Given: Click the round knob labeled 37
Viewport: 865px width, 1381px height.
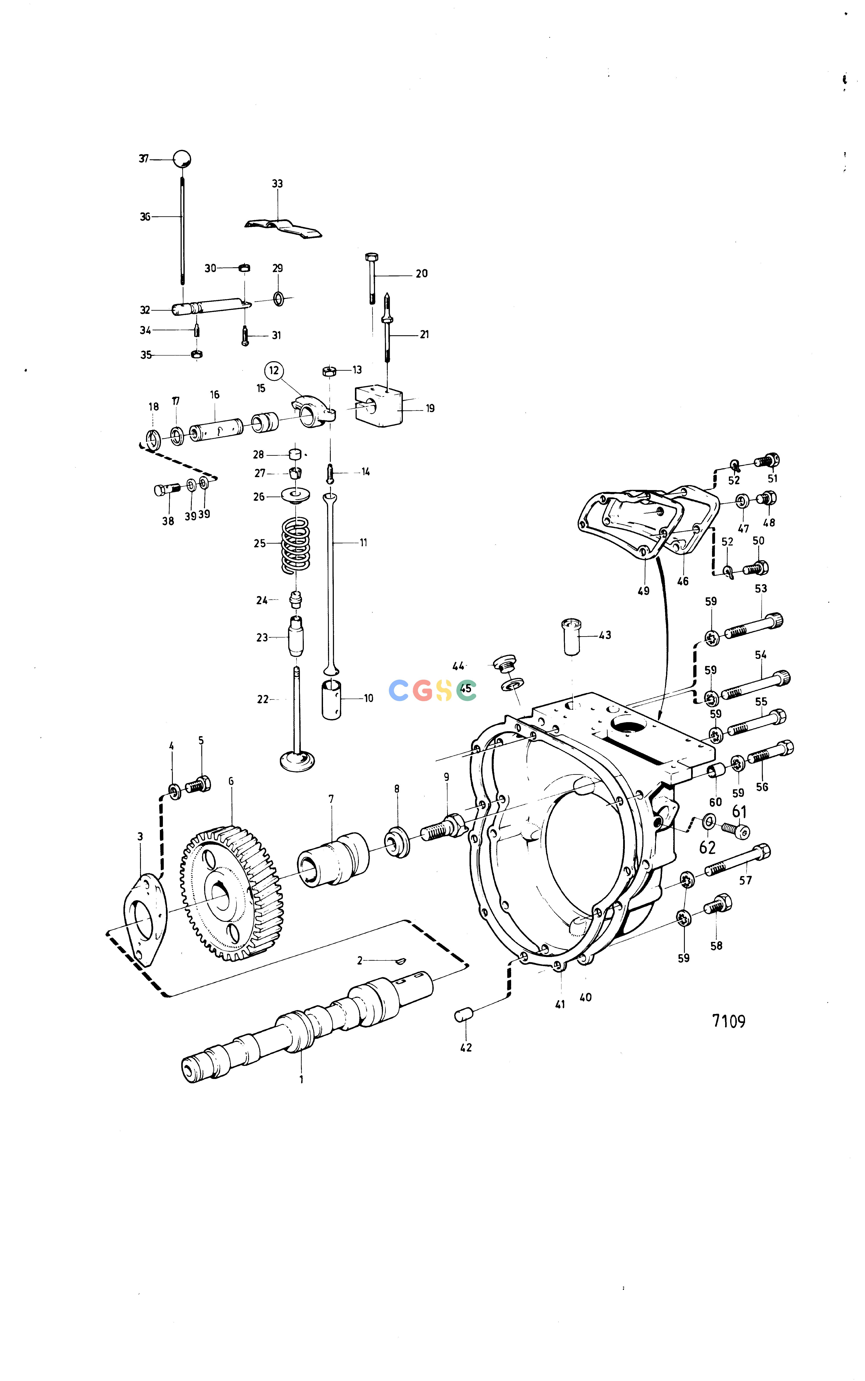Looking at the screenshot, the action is pyautogui.click(x=182, y=158).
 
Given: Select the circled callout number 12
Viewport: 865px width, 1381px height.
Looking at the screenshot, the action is pyautogui.click(x=274, y=370).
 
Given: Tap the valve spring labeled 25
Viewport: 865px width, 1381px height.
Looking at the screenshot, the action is pyautogui.click(x=296, y=545).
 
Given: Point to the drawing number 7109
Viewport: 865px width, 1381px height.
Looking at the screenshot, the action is pyautogui.click(x=728, y=1021).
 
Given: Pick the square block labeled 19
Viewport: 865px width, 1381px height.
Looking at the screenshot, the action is pyautogui.click(x=379, y=405).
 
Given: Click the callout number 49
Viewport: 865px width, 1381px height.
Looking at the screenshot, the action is pyautogui.click(x=644, y=591).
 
